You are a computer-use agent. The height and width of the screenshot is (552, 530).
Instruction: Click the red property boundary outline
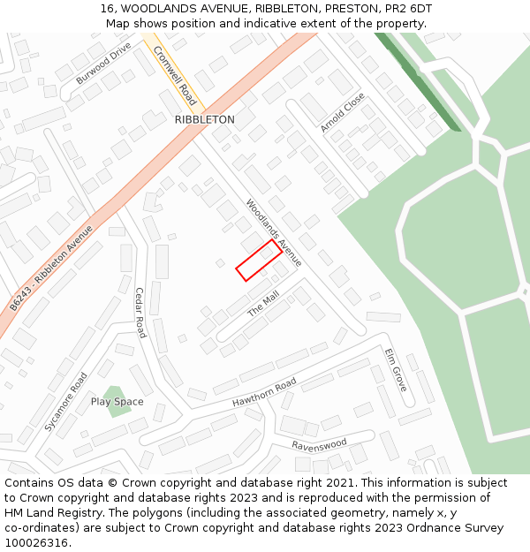click(x=259, y=260)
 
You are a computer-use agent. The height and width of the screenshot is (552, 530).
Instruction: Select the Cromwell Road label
click(x=174, y=75)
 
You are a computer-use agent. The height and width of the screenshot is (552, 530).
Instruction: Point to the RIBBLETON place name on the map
click(x=204, y=119)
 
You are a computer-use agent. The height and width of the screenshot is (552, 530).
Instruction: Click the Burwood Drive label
click(x=103, y=63)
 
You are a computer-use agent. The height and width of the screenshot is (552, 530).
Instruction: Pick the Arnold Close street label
click(x=343, y=113)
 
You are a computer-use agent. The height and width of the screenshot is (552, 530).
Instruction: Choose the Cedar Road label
click(x=140, y=313)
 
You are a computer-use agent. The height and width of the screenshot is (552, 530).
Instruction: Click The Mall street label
click(x=263, y=304)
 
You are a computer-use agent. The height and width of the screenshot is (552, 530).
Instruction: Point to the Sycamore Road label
click(x=66, y=402)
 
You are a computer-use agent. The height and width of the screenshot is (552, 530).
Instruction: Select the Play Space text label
click(x=117, y=402)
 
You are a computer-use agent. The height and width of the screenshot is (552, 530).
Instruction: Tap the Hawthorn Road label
click(x=264, y=393)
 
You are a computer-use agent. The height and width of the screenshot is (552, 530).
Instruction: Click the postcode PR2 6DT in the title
click(x=407, y=8)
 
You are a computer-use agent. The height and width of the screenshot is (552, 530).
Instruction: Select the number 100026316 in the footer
click(x=35, y=543)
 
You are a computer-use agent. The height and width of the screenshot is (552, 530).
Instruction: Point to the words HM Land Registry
click(x=54, y=512)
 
